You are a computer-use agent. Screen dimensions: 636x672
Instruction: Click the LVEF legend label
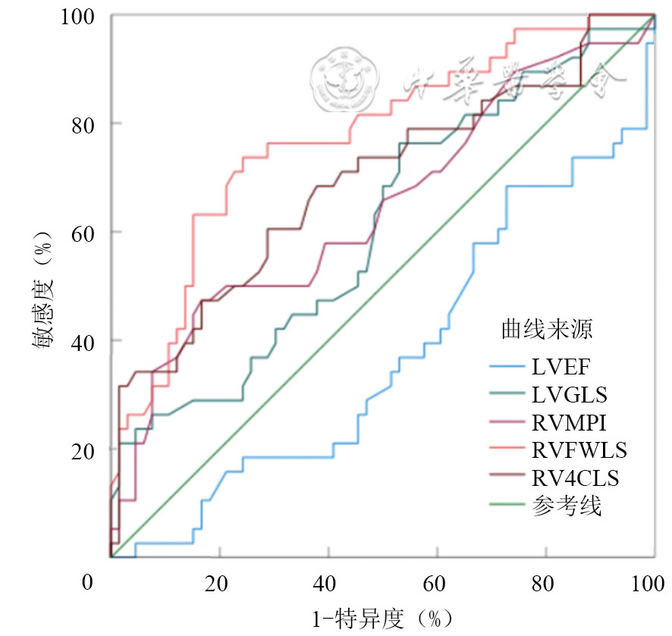(x=562, y=368)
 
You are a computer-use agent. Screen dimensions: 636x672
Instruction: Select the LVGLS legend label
(x=570, y=396)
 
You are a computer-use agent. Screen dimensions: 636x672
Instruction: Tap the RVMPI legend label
(x=570, y=423)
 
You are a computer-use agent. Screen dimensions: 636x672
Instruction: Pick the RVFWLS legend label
(x=579, y=451)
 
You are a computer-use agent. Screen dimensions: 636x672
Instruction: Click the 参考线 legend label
(x=567, y=506)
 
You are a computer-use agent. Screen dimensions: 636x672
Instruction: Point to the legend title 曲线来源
(x=547, y=329)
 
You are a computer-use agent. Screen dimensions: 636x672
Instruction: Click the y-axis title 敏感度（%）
(x=42, y=286)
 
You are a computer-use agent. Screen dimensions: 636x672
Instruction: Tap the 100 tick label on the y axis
(x=77, y=16)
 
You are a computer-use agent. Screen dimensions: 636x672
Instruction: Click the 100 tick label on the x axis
(x=649, y=584)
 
